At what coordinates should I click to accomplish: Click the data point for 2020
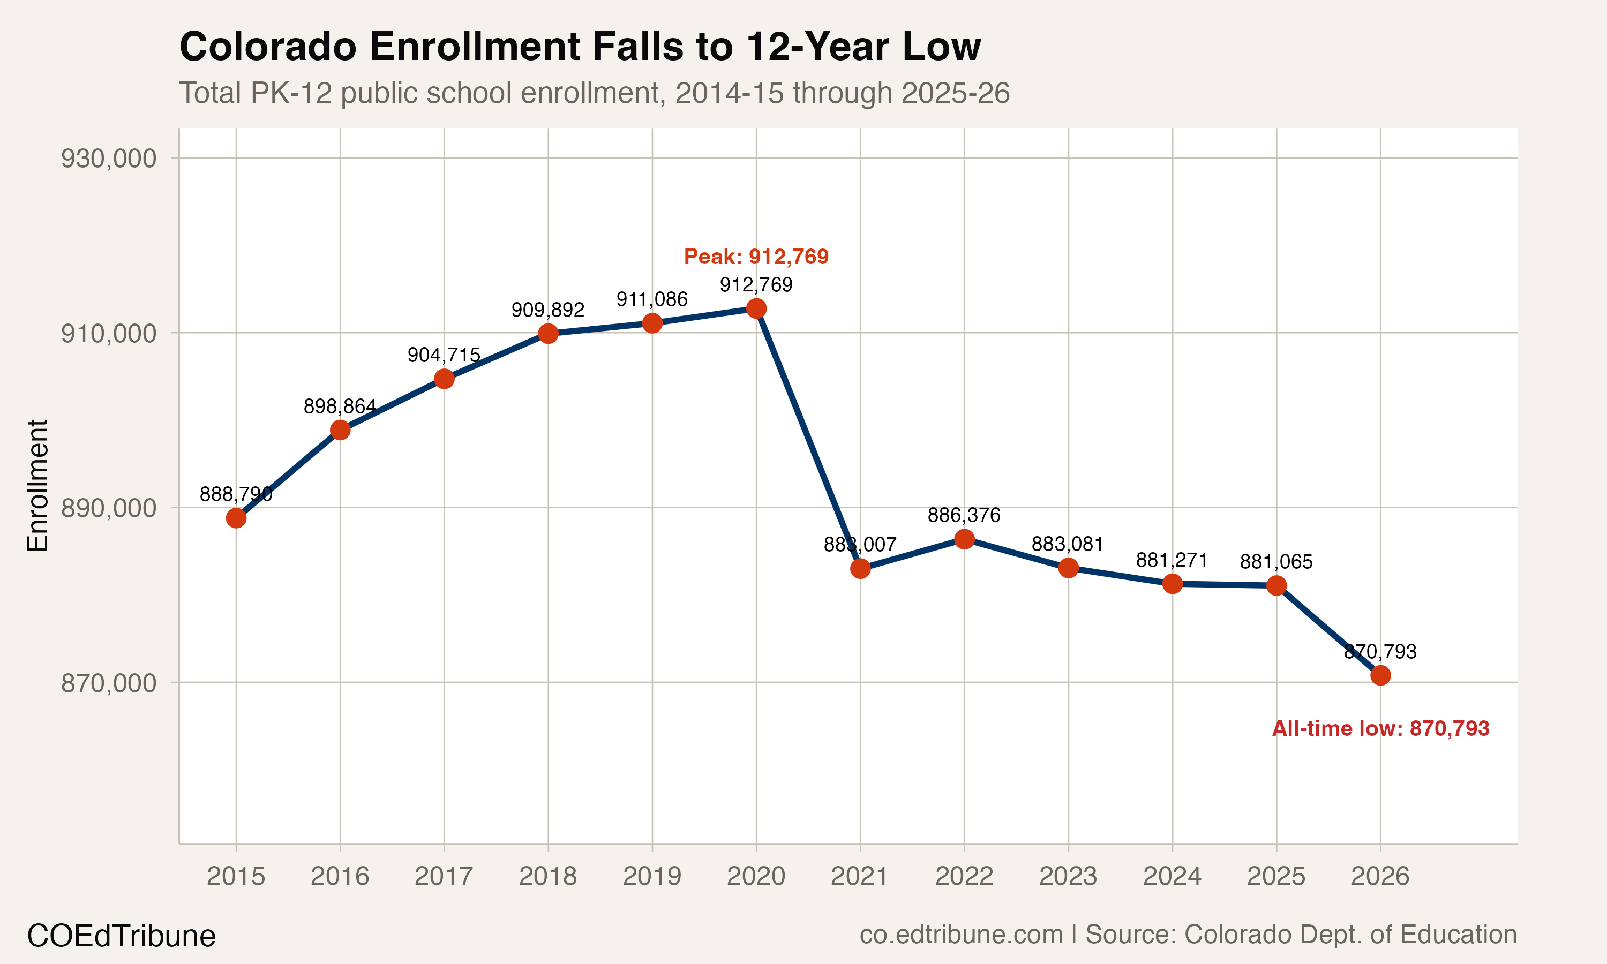pos(755,308)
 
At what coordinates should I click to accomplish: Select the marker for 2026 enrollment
pos(1380,675)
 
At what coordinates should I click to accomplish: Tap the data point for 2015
pos(236,518)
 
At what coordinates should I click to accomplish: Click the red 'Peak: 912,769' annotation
pos(756,257)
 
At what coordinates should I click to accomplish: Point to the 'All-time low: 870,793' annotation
pos(1380,728)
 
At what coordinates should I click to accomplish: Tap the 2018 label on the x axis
pos(547,876)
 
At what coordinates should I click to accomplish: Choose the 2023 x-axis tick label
pos(1068,876)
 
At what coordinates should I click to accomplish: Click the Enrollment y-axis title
pos(37,485)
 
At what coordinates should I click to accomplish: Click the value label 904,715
pos(444,355)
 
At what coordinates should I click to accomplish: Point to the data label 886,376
pos(964,515)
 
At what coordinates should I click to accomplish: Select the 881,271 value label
pos(1172,560)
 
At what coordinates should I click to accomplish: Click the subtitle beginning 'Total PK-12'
pos(594,93)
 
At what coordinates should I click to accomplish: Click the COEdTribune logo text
pos(121,936)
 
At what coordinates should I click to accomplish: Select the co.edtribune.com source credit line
pos(1188,934)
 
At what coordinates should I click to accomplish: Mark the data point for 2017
pos(444,379)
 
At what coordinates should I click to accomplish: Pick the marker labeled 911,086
pos(652,323)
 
